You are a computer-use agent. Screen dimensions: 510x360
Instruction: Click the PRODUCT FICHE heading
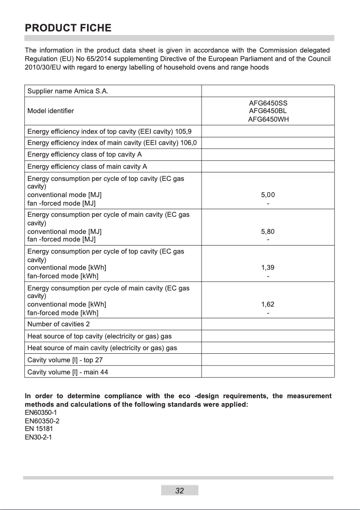(x=68, y=28)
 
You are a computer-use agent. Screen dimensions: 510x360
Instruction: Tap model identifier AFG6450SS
(x=268, y=103)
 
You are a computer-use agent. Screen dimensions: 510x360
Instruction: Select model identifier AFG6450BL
(x=268, y=110)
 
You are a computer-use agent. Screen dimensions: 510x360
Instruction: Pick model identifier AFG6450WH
(x=268, y=119)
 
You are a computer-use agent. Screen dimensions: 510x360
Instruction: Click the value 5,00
(x=268, y=195)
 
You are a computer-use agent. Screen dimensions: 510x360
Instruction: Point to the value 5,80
(x=268, y=232)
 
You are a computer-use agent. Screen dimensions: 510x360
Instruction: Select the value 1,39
(x=268, y=268)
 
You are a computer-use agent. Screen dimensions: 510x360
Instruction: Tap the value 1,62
(x=268, y=304)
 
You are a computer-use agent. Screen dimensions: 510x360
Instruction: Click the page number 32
(x=180, y=491)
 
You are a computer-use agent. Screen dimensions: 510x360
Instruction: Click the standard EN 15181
(x=39, y=429)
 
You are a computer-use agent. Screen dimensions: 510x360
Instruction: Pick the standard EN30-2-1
(x=38, y=437)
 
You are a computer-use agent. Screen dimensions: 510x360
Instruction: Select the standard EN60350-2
(x=42, y=421)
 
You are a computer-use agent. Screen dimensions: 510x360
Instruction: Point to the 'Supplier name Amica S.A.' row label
(x=68, y=92)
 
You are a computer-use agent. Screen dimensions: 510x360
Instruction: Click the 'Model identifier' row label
(x=51, y=111)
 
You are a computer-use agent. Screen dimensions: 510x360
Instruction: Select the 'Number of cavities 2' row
(x=59, y=324)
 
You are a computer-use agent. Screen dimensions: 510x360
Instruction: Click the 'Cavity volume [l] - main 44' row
(x=68, y=372)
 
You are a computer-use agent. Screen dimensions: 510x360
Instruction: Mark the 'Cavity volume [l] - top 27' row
(x=66, y=360)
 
